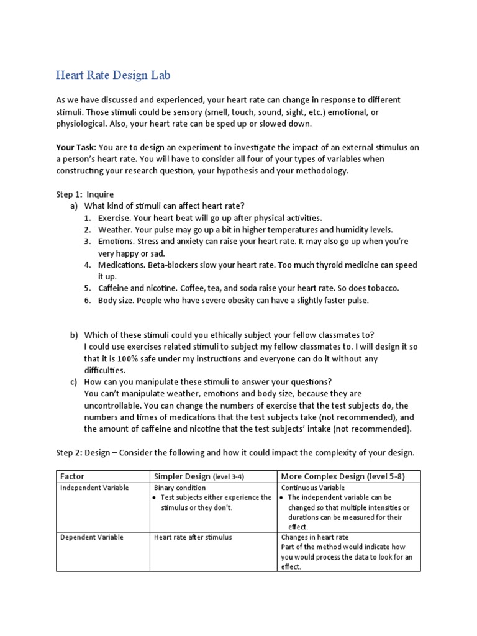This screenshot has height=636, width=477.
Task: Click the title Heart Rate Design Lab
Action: click(x=112, y=76)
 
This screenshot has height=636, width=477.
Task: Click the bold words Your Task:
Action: click(x=76, y=147)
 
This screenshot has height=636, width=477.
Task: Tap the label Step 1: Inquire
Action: click(x=85, y=194)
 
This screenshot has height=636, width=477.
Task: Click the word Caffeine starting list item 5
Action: click(x=116, y=288)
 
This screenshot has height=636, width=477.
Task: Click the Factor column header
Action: click(x=71, y=476)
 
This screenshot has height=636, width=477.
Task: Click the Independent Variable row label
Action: click(x=94, y=488)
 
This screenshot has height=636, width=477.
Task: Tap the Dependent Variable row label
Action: click(x=92, y=537)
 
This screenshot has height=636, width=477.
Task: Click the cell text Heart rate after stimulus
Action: click(x=193, y=537)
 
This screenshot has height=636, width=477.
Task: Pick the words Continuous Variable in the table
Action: click(x=312, y=488)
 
